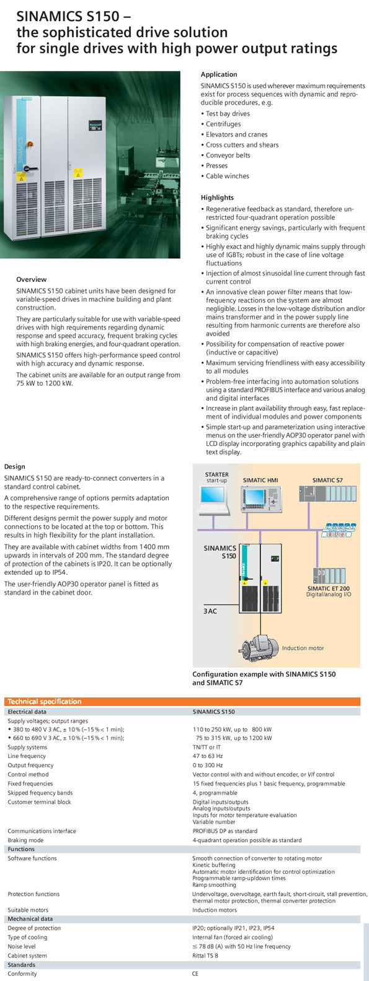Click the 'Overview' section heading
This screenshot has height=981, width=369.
31,279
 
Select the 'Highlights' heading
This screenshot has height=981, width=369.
217,198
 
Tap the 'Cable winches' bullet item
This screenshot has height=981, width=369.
227,176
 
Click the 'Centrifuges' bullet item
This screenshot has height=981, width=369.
223,124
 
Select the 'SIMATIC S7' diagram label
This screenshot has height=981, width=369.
327,480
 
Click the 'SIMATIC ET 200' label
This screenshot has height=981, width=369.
329,588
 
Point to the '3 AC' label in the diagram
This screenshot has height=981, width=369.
210,611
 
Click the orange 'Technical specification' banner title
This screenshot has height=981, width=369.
45,701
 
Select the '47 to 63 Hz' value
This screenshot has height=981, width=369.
208,756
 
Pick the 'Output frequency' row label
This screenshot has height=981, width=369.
31,765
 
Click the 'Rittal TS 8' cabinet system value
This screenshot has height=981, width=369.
205,955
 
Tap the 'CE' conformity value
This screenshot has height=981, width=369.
195,974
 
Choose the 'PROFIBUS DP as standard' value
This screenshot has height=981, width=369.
225,831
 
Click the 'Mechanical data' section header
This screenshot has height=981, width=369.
30,918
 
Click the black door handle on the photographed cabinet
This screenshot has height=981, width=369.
30,168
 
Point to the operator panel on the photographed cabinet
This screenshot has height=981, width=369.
96,125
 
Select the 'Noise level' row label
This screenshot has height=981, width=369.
22,946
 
